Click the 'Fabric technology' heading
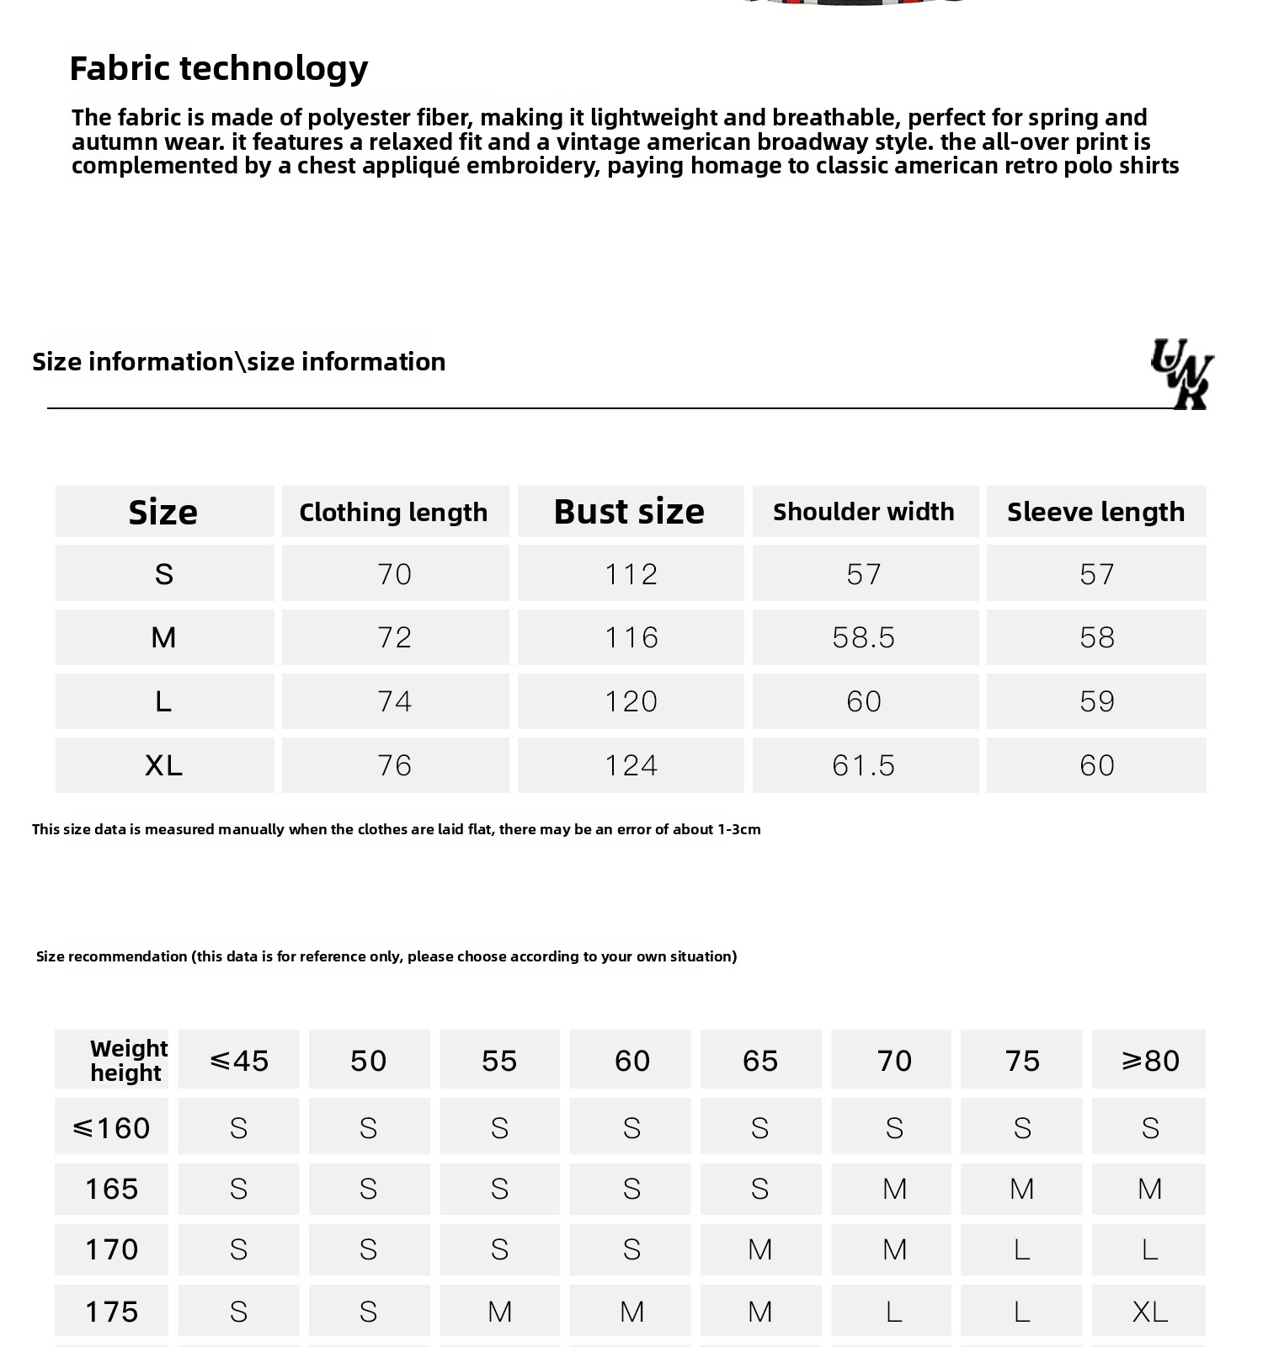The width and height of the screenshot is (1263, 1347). tap(219, 68)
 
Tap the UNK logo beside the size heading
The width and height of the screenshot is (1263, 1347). tap(1182, 373)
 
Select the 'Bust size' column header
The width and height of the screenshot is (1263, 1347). tap(630, 512)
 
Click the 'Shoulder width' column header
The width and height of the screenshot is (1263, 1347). tap(864, 512)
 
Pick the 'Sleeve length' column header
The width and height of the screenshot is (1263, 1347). tap(1095, 512)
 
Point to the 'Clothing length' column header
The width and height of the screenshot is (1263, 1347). tap(393, 512)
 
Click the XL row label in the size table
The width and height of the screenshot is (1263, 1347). tap(163, 765)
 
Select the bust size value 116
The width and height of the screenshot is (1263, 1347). tap(631, 637)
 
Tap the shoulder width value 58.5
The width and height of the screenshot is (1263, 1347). tap(864, 637)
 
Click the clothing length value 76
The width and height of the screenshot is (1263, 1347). tap(394, 765)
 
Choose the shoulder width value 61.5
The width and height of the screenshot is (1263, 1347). tap(864, 765)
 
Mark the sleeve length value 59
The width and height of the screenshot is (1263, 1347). tap(1096, 701)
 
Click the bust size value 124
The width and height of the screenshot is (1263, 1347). tap(631, 765)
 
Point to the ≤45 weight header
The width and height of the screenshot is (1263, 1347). tap(238, 1060)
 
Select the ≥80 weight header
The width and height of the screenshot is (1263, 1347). tap(1149, 1060)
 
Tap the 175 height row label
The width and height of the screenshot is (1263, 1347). tap(111, 1311)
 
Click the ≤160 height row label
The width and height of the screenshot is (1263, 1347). tap(111, 1127)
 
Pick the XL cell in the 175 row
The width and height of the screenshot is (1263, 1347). tap(1149, 1311)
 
